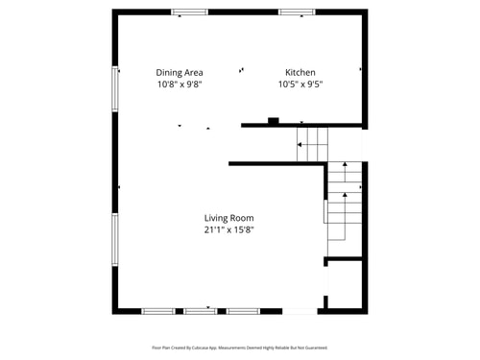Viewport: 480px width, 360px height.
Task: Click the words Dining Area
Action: [x=180, y=72]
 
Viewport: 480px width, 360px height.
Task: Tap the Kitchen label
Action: [x=300, y=72]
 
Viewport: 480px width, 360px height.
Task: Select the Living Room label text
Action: [x=228, y=218]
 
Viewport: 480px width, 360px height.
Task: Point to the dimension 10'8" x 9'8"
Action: [x=180, y=84]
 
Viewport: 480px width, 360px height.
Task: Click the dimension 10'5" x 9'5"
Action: [x=300, y=84]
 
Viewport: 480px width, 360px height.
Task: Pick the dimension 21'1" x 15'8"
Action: [x=228, y=230]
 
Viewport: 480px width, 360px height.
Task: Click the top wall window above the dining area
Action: [x=189, y=12]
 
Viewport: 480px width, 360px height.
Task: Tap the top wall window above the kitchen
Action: [x=297, y=12]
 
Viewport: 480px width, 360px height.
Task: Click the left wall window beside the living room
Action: [x=116, y=239]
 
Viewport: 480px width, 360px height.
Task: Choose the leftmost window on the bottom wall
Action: [x=157, y=311]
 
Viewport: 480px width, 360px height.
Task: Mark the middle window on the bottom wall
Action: [x=200, y=311]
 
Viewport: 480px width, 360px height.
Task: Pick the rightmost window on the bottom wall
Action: [x=243, y=311]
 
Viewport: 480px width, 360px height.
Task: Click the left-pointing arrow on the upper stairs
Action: [x=301, y=145]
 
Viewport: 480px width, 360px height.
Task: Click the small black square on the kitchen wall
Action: [x=274, y=121]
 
